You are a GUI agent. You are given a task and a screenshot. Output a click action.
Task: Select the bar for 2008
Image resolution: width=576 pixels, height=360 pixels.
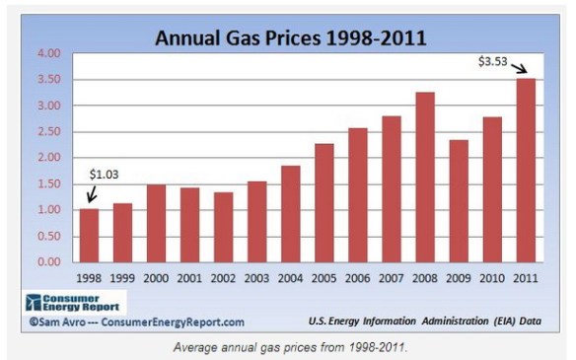pyautogui.click(x=425, y=178)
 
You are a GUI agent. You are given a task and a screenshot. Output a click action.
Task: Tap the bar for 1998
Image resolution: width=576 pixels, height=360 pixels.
pyautogui.click(x=89, y=236)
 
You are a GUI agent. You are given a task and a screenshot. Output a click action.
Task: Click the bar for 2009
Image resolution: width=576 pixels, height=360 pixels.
pyautogui.click(x=459, y=201)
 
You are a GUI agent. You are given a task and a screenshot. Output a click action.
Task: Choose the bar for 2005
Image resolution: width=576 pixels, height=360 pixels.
pyautogui.click(x=324, y=203)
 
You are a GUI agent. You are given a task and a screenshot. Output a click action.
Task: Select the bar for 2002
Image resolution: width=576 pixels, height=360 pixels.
pyautogui.click(x=224, y=227)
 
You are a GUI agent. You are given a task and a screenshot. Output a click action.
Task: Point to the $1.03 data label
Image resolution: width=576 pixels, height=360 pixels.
pyautogui.click(x=104, y=175)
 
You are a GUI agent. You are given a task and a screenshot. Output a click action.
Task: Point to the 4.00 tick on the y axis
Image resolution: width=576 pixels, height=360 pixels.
pyautogui.click(x=48, y=53)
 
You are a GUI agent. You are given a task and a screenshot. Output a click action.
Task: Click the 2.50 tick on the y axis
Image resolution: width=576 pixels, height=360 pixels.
pyautogui.click(x=48, y=131)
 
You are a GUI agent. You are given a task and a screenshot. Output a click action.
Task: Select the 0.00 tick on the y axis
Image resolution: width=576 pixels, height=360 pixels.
pyautogui.click(x=48, y=262)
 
